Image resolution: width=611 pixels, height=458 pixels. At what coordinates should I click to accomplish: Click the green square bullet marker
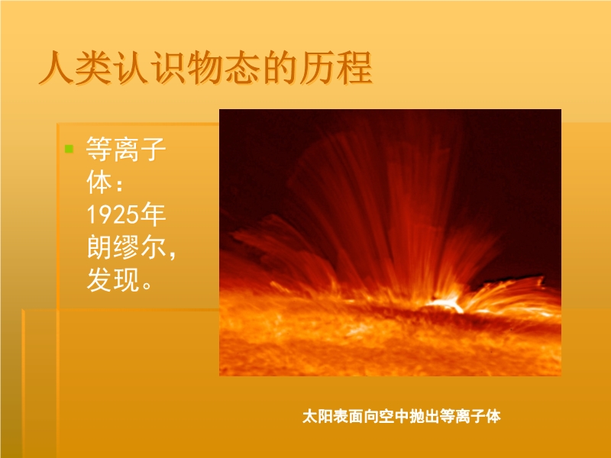[x=69, y=149]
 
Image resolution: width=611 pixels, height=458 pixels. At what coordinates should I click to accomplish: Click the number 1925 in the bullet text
[x=112, y=214]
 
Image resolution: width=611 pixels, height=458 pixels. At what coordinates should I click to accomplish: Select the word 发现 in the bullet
[x=113, y=279]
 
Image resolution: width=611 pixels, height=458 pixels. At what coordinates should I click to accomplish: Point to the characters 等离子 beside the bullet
[x=126, y=149]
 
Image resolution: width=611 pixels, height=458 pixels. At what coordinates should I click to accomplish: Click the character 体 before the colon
[x=100, y=182]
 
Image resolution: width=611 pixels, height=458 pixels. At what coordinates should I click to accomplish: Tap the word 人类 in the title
[x=76, y=68]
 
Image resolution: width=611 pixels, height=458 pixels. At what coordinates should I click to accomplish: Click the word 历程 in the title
[x=336, y=68]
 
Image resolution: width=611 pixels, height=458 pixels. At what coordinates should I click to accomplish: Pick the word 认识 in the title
[x=150, y=68]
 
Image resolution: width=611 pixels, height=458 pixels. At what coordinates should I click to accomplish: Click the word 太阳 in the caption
[x=318, y=416]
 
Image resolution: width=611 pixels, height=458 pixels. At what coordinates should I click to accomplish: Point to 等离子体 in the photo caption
[x=470, y=416]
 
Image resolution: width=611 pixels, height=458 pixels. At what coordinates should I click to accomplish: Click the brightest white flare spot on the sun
[x=446, y=302]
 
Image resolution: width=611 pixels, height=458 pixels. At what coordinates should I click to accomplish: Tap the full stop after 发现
[x=147, y=285]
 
